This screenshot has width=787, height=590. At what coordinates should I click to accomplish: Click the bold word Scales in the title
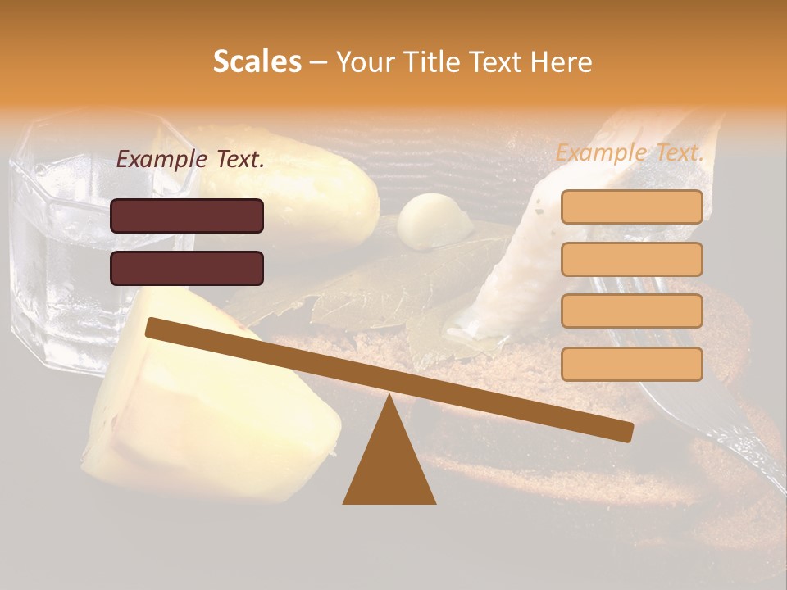[x=257, y=61]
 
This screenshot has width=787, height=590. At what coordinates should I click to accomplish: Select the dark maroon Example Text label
[x=190, y=160]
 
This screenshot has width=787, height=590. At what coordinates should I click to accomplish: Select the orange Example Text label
[x=630, y=152]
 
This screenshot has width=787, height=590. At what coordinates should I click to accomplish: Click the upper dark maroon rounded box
[x=187, y=216]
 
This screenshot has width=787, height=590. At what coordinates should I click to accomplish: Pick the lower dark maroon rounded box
[x=187, y=268]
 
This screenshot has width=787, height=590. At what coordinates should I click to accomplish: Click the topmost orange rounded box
[x=631, y=206]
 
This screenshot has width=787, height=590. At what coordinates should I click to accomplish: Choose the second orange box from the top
[x=631, y=259]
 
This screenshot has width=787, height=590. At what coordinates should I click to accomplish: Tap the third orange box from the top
[x=631, y=311]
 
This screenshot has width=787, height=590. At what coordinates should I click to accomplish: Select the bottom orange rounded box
[x=631, y=364]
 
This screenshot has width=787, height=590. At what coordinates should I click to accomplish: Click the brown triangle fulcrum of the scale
[x=389, y=463]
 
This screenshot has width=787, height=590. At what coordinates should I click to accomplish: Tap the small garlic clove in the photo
[x=432, y=220]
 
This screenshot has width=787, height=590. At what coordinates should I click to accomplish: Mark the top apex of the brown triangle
[x=389, y=397]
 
